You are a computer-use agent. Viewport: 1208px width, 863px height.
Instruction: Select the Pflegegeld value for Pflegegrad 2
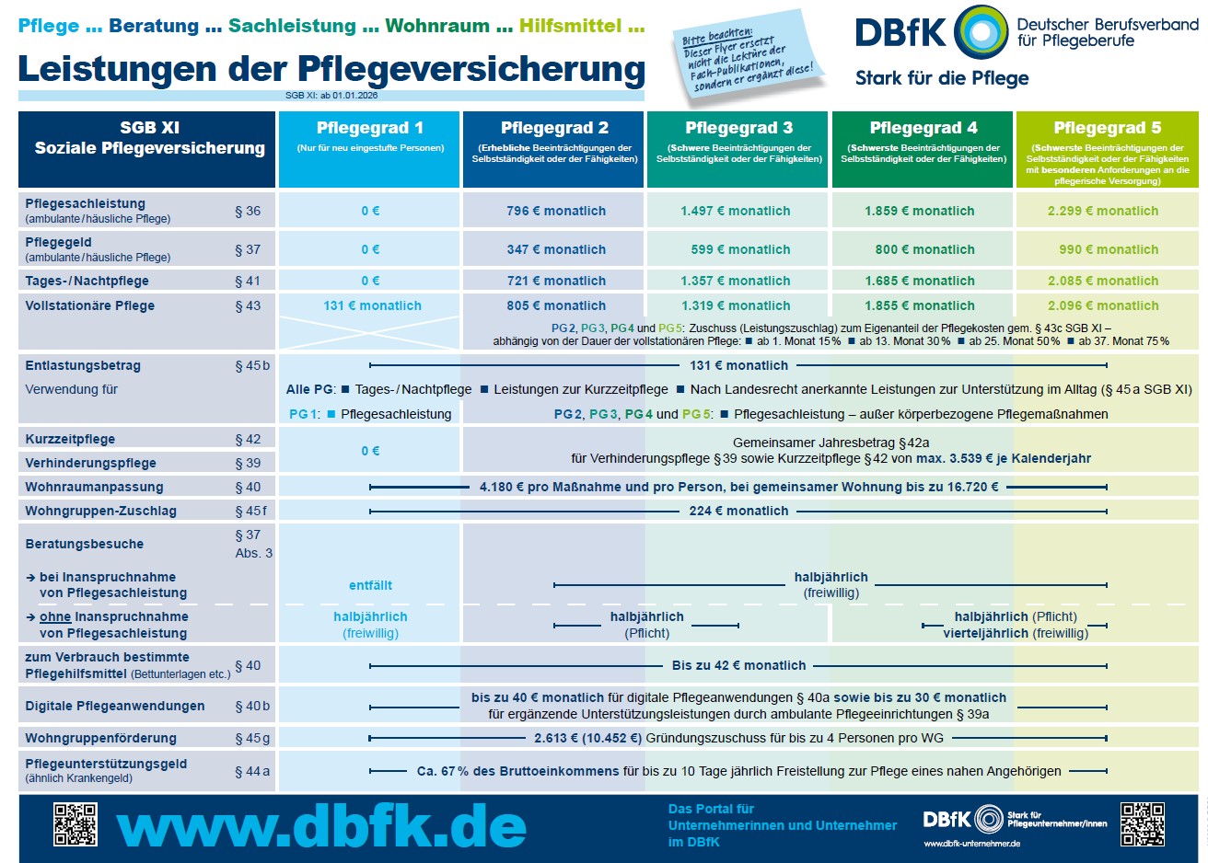click(556, 249)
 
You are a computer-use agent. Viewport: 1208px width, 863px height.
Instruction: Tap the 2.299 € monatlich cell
click(1103, 211)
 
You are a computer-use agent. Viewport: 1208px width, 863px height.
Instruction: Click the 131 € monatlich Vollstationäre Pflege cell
click(372, 305)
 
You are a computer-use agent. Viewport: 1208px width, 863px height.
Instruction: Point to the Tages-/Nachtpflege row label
click(87, 281)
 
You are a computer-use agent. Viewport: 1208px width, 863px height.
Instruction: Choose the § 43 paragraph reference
click(248, 305)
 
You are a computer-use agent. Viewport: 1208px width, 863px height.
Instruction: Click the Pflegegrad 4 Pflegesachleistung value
click(919, 211)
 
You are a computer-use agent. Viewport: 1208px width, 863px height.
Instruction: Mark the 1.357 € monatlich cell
click(736, 281)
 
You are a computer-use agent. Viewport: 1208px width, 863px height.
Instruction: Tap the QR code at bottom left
click(75, 824)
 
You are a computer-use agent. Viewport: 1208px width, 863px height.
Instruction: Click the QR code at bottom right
click(1142, 824)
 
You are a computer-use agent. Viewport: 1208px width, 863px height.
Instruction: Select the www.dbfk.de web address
click(321, 827)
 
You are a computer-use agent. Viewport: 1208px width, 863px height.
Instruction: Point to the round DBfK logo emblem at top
click(981, 32)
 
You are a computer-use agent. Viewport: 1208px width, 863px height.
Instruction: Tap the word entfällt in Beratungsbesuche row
click(370, 585)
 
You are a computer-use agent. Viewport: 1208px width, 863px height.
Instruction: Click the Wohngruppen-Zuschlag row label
click(100, 511)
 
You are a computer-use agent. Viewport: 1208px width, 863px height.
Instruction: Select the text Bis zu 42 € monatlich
click(738, 665)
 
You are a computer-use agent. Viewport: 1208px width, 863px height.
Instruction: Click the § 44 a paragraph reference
click(252, 771)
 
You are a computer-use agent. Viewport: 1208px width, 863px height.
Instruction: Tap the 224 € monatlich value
click(738, 511)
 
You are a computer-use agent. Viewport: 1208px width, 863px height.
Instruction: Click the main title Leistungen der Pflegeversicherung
click(331, 68)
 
